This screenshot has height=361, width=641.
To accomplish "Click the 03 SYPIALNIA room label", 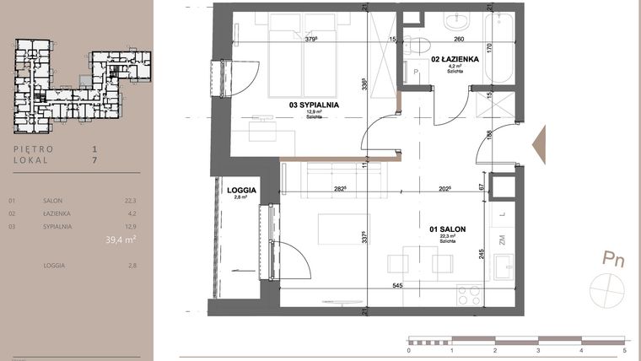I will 314,105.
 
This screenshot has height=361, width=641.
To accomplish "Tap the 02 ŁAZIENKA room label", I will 456,60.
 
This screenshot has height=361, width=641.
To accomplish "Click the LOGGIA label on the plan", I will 242,191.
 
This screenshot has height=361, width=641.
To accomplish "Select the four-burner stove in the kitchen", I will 468,295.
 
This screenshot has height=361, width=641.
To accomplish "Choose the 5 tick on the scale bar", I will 624,349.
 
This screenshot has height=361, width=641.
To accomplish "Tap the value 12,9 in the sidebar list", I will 129,226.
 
